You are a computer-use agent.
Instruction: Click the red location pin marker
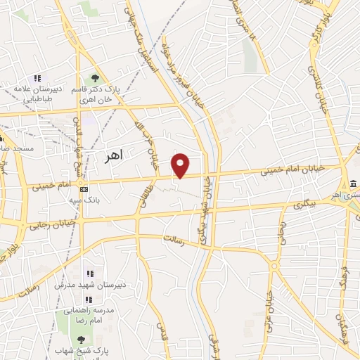click(x=181, y=165)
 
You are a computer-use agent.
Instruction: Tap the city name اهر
click(x=112, y=157)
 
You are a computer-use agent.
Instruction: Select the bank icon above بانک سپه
click(x=84, y=188)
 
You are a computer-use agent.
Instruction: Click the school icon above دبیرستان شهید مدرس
click(x=89, y=274)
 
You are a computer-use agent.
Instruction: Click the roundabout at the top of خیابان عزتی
click(x=275, y=266)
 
